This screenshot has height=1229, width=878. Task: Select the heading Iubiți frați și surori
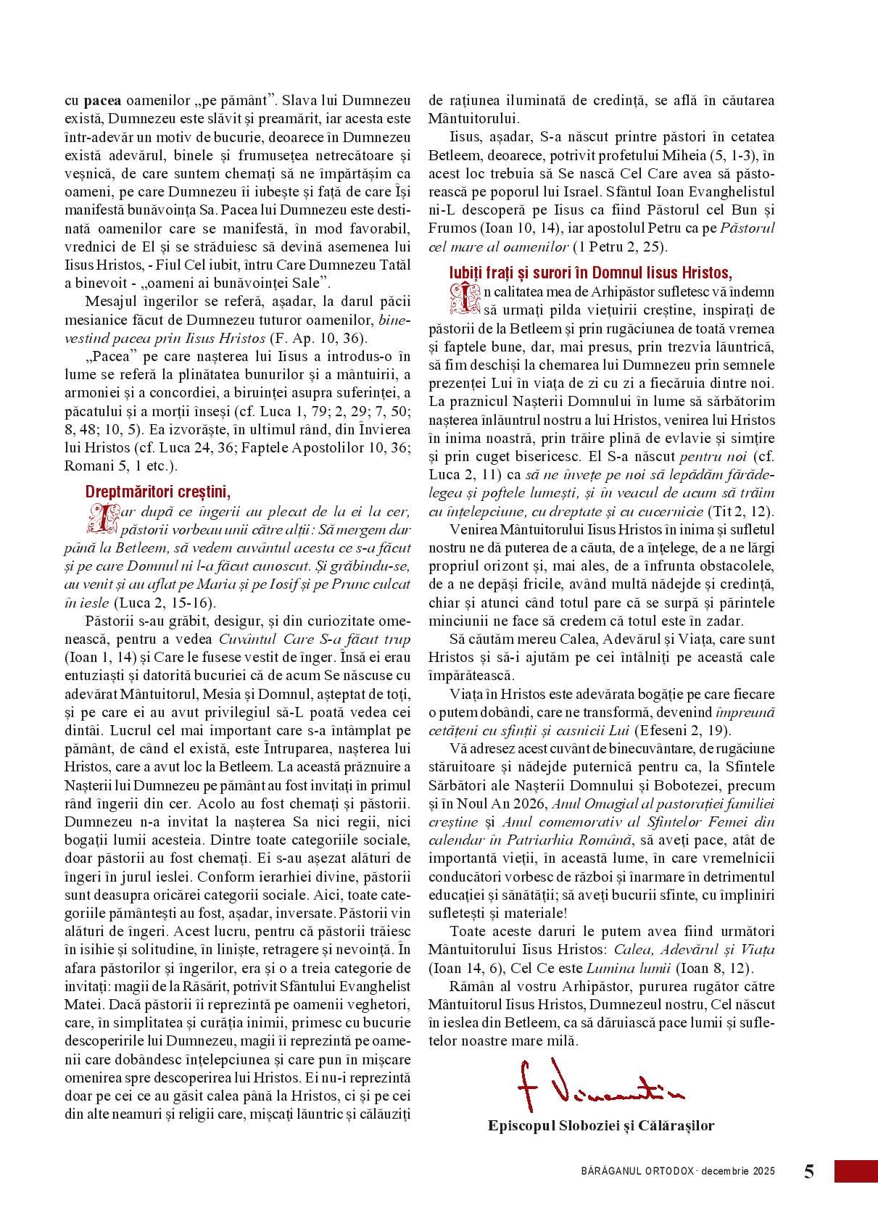(590, 273)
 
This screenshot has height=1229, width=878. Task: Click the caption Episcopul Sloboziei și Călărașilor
(601, 1126)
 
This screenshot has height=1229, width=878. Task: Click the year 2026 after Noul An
(531, 803)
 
